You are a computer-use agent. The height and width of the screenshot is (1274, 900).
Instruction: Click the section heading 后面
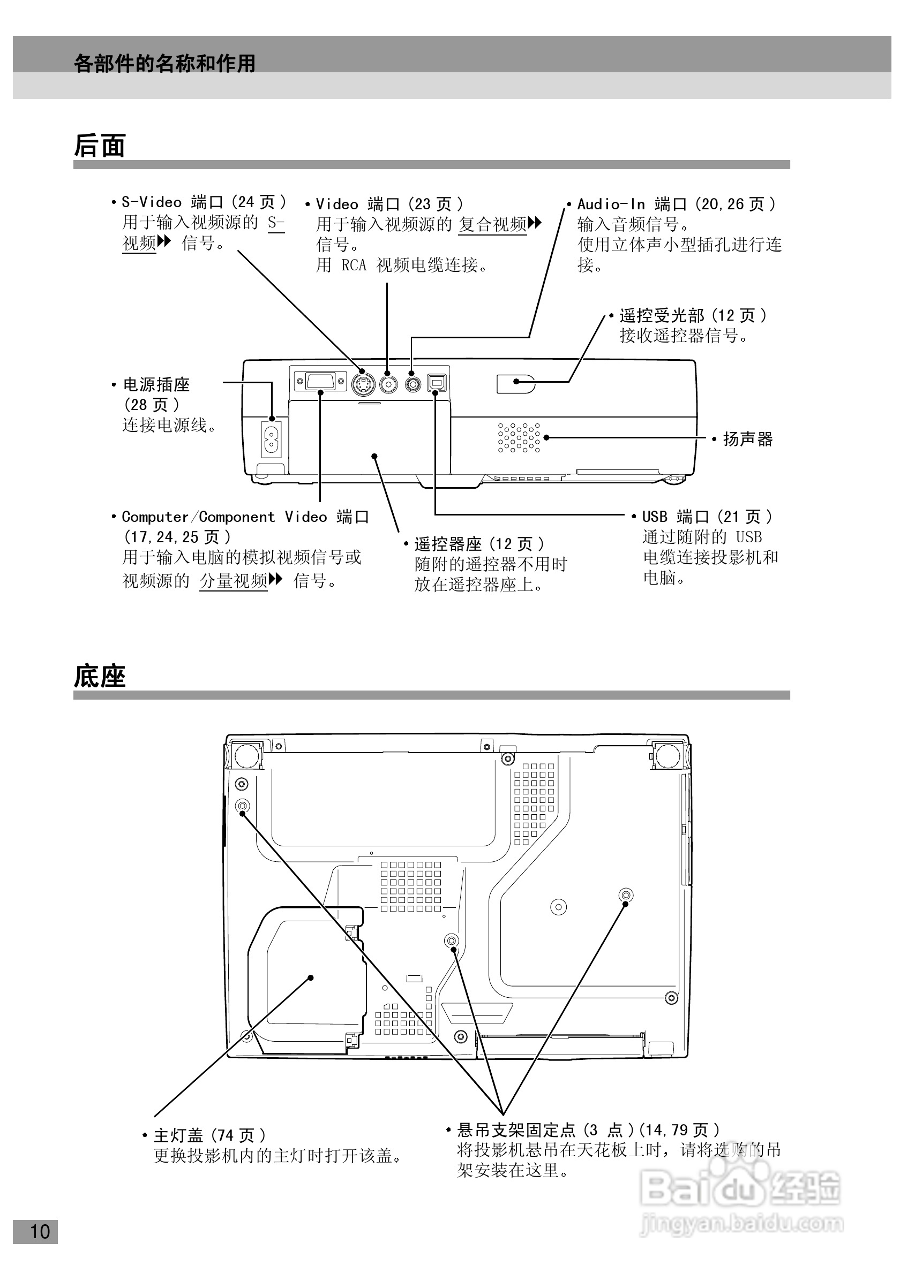100,146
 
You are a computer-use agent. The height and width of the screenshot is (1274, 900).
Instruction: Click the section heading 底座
100,677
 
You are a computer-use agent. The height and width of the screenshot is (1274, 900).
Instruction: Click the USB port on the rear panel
436,383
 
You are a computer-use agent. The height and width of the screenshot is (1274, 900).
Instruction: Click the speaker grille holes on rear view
519,437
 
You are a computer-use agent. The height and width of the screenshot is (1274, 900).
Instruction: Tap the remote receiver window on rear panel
515,383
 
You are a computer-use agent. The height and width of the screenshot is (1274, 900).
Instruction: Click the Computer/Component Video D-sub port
320,381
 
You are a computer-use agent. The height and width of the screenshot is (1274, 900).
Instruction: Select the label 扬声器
747,439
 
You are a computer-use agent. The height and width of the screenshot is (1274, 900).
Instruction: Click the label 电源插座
156,384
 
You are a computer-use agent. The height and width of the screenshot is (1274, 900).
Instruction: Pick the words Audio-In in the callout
611,204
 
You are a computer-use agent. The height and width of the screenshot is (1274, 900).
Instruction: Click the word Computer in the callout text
155,517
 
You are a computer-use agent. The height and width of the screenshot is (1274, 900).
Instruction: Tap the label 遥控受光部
661,316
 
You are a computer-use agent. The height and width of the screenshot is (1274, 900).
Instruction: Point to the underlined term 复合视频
492,225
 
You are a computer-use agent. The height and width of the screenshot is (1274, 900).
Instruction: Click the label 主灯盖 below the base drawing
178,1135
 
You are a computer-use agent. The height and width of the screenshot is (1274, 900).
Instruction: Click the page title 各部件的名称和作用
164,63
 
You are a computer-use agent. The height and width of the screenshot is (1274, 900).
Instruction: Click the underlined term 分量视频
233,581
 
